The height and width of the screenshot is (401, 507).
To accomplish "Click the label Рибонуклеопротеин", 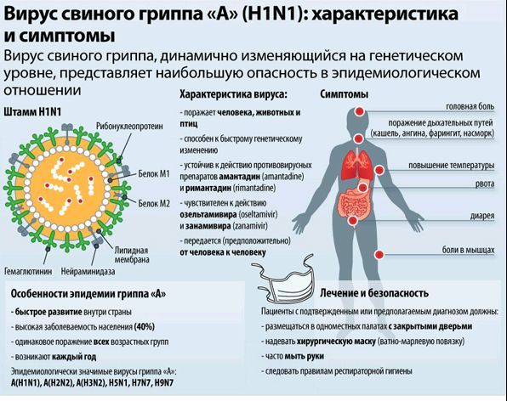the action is [129, 127].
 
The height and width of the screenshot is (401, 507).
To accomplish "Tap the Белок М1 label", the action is [154, 173].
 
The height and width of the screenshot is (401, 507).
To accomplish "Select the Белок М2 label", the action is [154, 203].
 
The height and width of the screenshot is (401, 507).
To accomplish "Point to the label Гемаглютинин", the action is [28, 271].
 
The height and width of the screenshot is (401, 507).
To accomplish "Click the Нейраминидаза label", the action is [88, 271].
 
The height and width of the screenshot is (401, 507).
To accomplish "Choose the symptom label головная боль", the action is [470, 106].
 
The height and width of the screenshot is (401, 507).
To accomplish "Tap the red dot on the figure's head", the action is [359, 111].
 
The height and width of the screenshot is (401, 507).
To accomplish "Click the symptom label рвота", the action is [485, 184].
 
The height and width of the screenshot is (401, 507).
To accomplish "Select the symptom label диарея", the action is [482, 216].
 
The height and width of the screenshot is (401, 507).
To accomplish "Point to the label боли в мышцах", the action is [468, 250].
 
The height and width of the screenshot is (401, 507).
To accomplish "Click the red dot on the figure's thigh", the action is [379, 254].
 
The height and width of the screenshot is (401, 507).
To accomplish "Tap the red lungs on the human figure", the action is [357, 165].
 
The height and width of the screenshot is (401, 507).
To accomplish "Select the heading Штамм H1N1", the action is [32, 111].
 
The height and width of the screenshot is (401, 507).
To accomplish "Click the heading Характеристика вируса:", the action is [234, 94].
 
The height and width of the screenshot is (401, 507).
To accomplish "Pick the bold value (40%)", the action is [145, 327].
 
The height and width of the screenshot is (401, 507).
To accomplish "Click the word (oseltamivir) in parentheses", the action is [258, 214].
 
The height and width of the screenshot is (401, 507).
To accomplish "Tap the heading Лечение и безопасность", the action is [374, 293].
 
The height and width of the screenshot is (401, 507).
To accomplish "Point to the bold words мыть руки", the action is [305, 356].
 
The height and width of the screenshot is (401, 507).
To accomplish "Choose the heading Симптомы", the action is [344, 94].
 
